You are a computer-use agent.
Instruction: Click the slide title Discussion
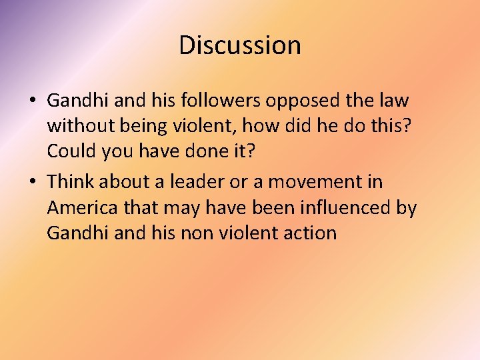pyautogui.click(x=240, y=45)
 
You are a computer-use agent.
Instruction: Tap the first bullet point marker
pyautogui.click(x=32, y=101)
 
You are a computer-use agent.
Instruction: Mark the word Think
pyautogui.click(x=73, y=181)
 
